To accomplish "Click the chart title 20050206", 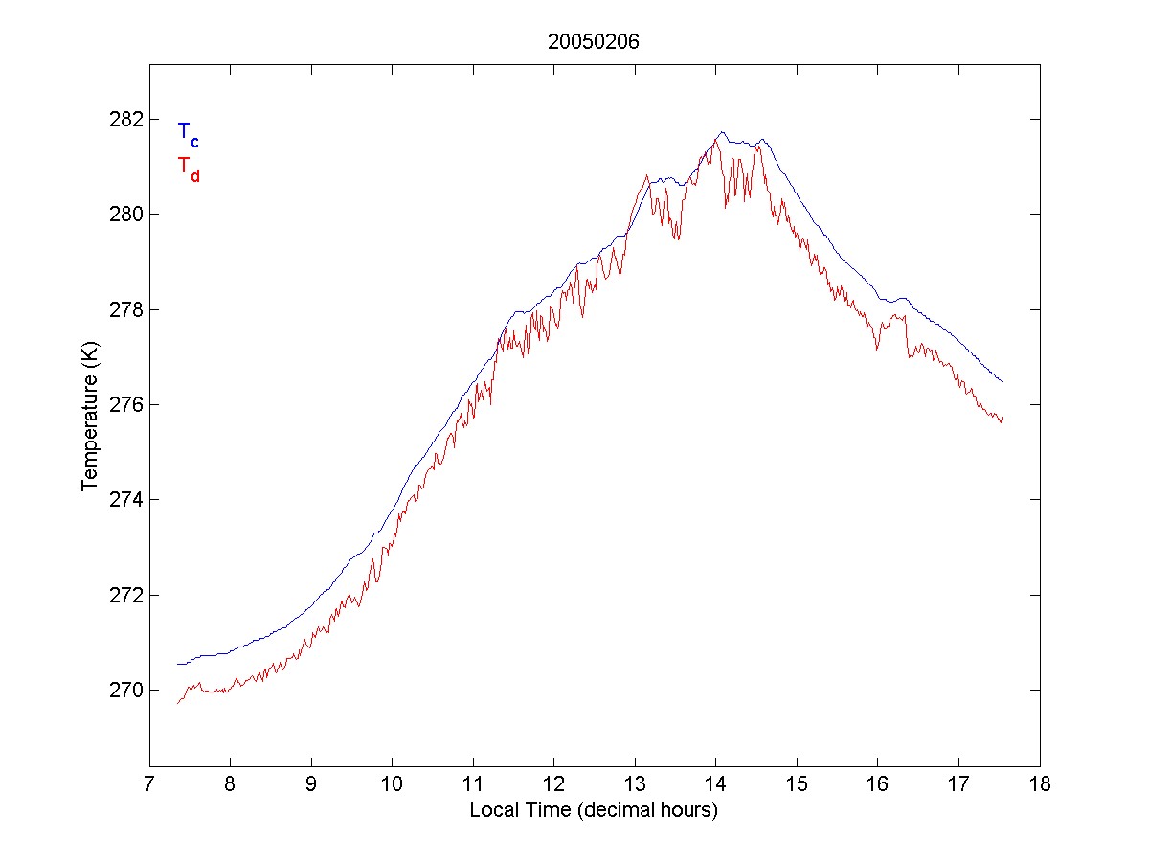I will tap(594, 42).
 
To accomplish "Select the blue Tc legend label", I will tap(188, 134).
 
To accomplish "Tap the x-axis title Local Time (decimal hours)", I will tap(594, 810).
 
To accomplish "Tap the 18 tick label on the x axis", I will tap(1040, 784).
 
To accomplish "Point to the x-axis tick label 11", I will tap(473, 784).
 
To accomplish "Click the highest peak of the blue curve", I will tap(722, 132).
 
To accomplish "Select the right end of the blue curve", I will tap(1002, 382).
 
